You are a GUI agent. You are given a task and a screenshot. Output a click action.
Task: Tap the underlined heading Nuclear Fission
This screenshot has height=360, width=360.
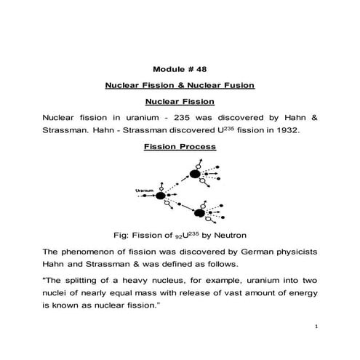point(179,101)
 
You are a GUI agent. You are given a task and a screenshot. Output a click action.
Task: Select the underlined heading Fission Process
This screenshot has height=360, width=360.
point(179,145)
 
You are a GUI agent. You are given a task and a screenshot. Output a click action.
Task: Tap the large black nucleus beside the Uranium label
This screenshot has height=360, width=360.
point(160,196)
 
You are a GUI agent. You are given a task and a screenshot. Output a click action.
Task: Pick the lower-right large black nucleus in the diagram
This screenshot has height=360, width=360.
point(198,214)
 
